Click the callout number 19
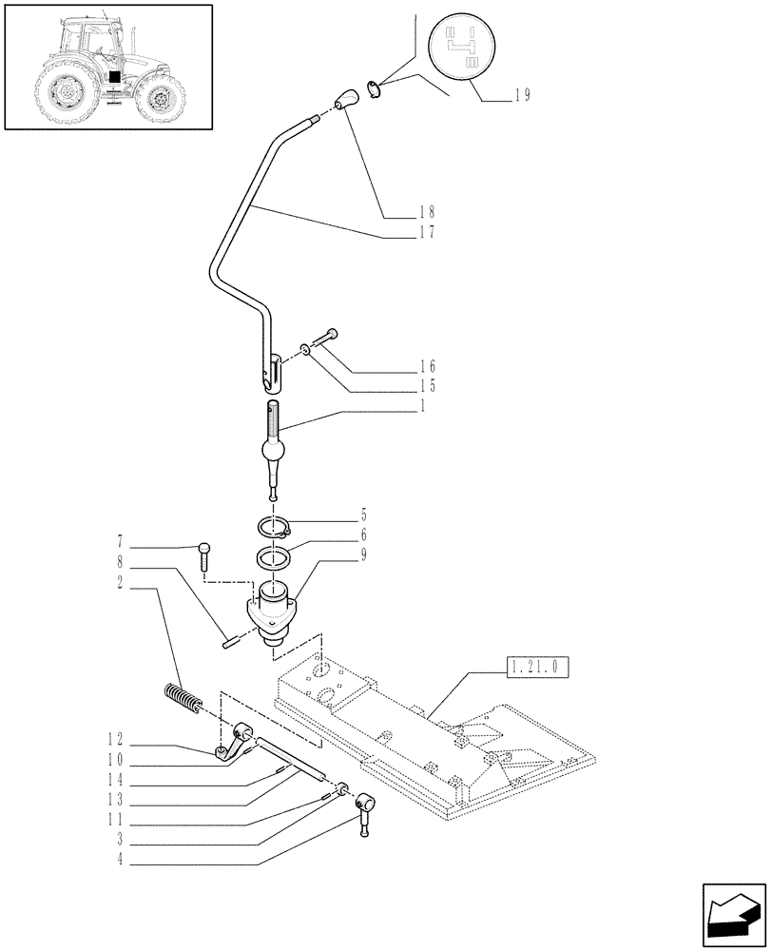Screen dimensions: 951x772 [521, 95]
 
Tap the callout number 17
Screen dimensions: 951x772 [426, 231]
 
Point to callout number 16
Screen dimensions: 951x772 [426, 366]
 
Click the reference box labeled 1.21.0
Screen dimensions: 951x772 [538, 668]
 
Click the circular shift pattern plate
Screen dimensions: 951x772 [464, 47]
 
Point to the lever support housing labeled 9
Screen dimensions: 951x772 [273, 609]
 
